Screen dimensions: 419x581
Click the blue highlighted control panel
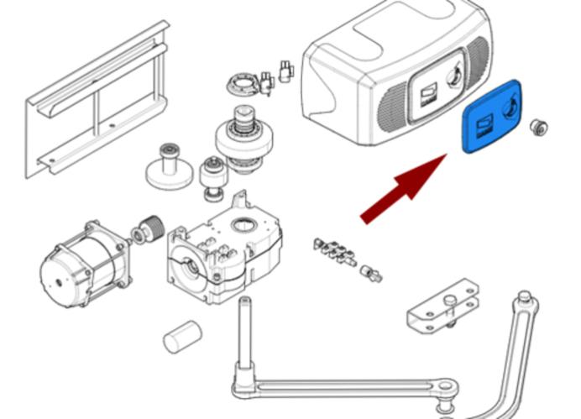(x=491, y=118)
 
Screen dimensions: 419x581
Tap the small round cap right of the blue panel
(x=537, y=128)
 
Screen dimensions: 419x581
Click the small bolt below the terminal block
(x=370, y=273)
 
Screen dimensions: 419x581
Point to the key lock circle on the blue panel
(x=509, y=106)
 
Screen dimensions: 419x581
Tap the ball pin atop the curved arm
(x=524, y=297)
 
